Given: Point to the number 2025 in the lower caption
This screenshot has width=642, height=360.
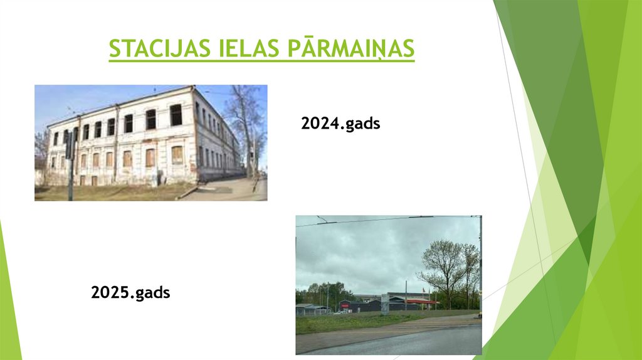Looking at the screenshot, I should click(111, 292).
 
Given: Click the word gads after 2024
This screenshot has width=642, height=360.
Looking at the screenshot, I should click(362, 124).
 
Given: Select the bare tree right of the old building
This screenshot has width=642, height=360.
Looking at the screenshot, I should click(246, 125).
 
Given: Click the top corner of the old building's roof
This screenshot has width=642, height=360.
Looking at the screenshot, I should click(192, 88).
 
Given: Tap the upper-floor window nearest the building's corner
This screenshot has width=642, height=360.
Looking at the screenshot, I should click(176, 115).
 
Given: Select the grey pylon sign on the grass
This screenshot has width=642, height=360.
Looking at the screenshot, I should click(384, 304).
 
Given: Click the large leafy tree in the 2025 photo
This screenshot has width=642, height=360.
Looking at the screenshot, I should click(446, 263).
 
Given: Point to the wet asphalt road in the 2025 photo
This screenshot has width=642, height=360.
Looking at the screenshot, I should click(401, 342).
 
